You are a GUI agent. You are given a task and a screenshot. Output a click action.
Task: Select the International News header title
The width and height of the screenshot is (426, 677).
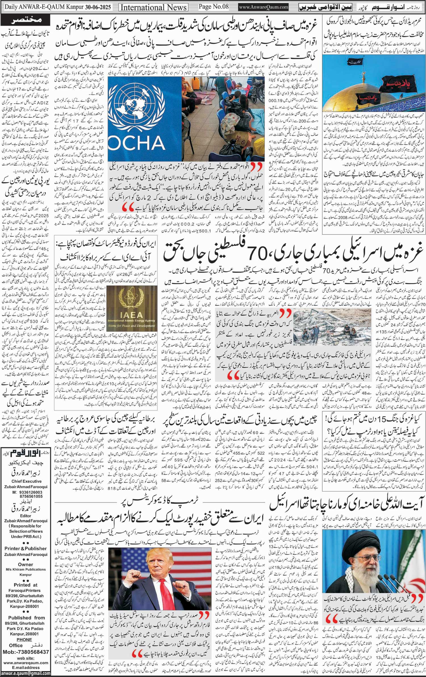(154, 7)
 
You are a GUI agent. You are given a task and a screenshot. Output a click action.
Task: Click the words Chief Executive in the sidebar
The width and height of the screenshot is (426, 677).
(26, 481)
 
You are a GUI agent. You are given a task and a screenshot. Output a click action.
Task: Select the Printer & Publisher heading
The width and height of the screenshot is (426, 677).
(26, 548)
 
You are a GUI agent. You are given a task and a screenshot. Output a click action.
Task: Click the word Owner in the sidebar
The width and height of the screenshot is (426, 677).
(26, 565)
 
